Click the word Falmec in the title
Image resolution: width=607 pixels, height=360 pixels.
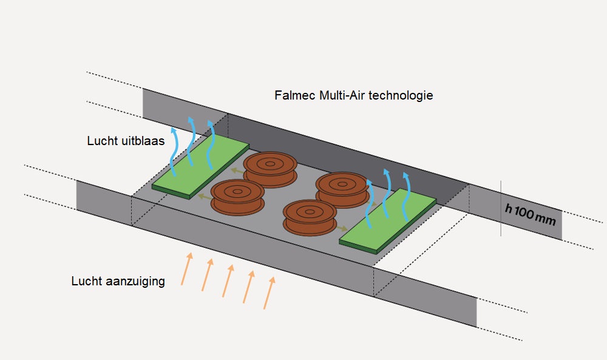pos(294,96)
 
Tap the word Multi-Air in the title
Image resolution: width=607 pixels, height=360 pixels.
pos(341,96)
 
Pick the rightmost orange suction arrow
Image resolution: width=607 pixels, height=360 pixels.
pos(269,292)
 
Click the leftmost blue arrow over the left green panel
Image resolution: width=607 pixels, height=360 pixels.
pos(174,149)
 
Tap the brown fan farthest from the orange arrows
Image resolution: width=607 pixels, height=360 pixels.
pos(270,168)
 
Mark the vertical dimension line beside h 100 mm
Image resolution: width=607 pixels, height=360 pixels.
pos(501,208)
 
